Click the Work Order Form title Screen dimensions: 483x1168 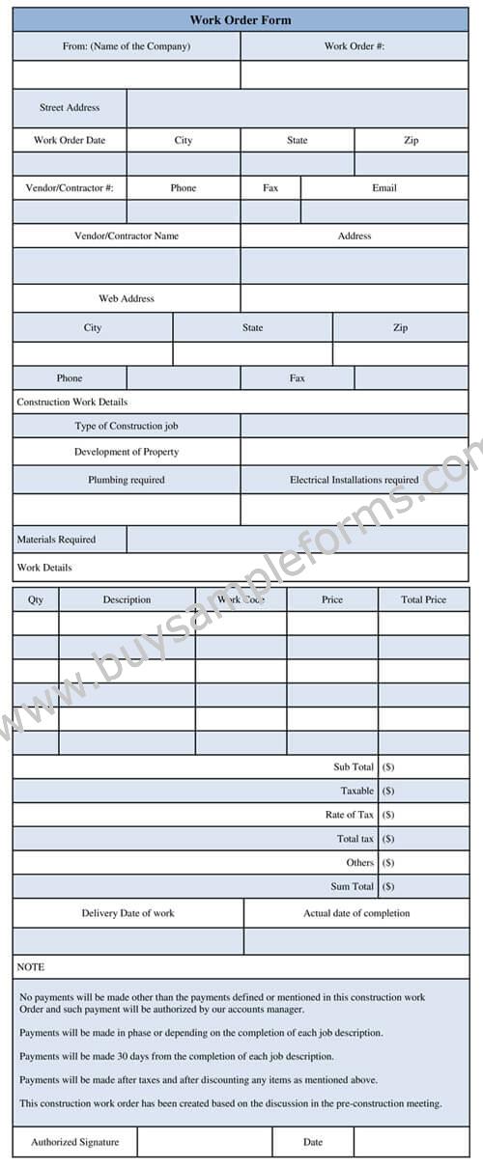(241, 19)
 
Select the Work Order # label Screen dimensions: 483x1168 (354, 45)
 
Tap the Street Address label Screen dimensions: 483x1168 (70, 107)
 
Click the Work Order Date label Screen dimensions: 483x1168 (70, 140)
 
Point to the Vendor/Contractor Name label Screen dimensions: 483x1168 (127, 236)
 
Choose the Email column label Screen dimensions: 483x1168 (384, 188)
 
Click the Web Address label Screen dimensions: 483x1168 (127, 298)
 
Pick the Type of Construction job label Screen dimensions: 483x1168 (127, 426)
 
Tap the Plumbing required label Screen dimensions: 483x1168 (127, 480)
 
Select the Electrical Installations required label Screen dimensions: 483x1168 (355, 480)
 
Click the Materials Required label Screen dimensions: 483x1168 (56, 540)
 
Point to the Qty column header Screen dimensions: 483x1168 (36, 599)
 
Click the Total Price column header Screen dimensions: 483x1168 (423, 599)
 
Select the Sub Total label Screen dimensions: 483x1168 (354, 766)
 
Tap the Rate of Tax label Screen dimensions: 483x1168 (350, 815)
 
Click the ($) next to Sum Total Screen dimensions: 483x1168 (388, 886)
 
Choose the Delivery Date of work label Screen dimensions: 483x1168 (128, 913)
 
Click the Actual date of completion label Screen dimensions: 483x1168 (356, 913)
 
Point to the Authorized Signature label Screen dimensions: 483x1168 (75, 1142)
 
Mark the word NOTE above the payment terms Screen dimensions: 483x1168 (31, 966)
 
